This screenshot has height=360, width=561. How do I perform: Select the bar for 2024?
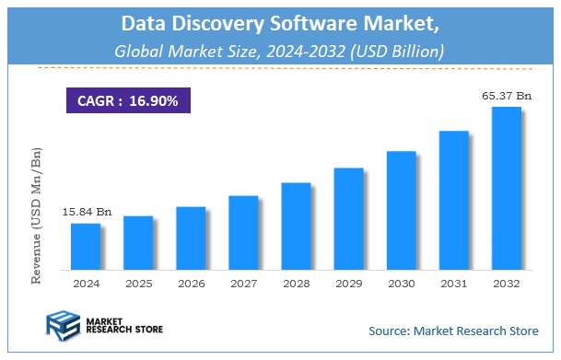coord(86,246)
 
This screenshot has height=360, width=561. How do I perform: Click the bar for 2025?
coord(138,242)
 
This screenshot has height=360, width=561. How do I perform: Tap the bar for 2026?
coord(191,238)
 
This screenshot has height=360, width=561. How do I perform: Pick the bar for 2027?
coord(243,232)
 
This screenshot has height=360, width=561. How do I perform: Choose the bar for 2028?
coord(296,226)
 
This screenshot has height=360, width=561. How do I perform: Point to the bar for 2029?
coord(348,218)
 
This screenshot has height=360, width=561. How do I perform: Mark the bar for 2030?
coord(401,210)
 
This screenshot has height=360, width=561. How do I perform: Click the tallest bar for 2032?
coord(506,188)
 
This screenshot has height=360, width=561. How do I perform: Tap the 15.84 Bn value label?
coord(87,212)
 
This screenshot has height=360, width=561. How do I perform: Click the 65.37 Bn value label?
coord(507,95)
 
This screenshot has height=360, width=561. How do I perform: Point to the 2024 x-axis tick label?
coord(86,285)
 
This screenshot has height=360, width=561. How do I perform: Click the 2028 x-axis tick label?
coord(296,285)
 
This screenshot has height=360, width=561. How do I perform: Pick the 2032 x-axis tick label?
coord(506,285)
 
